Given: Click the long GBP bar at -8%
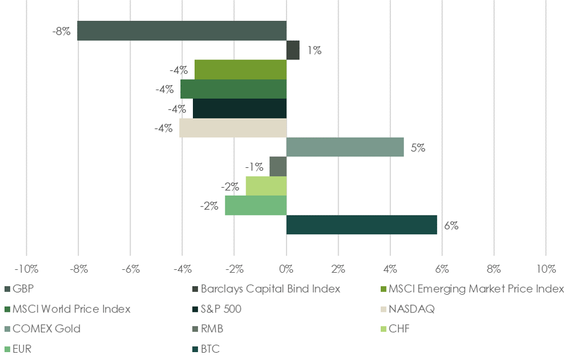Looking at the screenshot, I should coord(182,31).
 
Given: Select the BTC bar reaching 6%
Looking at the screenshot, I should coord(361,225).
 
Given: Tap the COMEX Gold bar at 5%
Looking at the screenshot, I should coord(345,147).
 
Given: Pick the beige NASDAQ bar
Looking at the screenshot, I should coord(233,128).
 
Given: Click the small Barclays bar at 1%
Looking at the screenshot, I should coord(293,50).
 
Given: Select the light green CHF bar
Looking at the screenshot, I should coord(266,185).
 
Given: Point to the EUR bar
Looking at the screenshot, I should coord(255,205).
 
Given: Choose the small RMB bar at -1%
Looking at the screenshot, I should coord(278,167).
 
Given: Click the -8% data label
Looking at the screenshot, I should coord(61,31).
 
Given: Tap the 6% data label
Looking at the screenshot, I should coord(451,225).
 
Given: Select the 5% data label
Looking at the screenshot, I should coord(418,148).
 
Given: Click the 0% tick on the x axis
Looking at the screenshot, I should coord(287,269).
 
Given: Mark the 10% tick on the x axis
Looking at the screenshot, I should coord(546,269).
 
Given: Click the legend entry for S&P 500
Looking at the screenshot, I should coord(225,309).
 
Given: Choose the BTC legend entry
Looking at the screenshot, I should coord(210,349).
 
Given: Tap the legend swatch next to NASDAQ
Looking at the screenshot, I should coord(384,309).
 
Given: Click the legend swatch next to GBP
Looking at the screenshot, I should coord(7,289).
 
